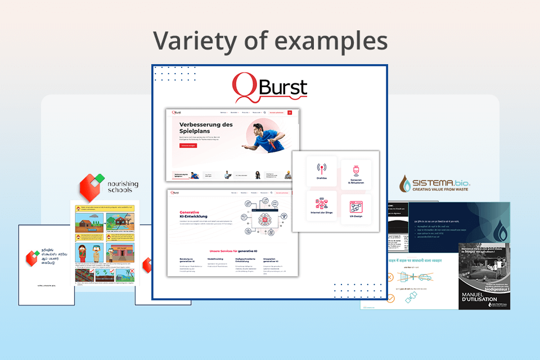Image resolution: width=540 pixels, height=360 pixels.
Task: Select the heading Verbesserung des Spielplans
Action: (x=206, y=128)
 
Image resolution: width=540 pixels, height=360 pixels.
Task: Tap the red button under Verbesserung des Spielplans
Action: (x=188, y=146)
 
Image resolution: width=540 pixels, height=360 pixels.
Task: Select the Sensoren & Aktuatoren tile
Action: (x=355, y=174)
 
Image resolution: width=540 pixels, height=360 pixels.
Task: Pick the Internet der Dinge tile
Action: (x=322, y=206)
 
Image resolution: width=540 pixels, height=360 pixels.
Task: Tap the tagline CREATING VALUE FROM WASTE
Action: (x=434, y=191)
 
